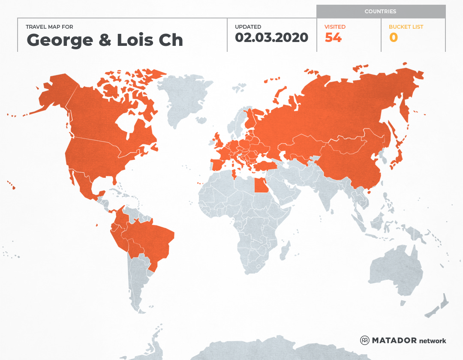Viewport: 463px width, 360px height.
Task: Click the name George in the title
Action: tap(60, 40)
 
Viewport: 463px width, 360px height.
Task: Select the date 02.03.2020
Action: tap(271, 38)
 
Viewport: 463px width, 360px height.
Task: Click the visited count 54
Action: tap(333, 38)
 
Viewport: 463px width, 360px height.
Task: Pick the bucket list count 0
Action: tap(393, 38)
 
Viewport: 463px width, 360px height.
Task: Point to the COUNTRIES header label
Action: tap(380, 12)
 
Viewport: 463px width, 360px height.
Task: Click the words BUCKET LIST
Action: tap(406, 27)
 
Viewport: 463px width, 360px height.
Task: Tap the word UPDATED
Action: tap(248, 27)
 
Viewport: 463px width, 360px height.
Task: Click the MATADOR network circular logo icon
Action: tap(364, 340)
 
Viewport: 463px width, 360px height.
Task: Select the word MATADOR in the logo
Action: tap(394, 340)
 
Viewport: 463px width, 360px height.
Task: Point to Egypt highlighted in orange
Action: tap(261, 186)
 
